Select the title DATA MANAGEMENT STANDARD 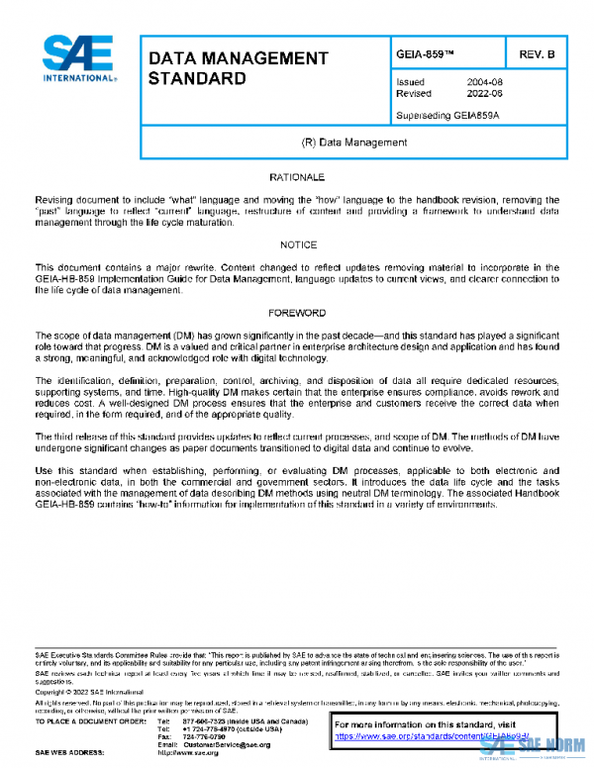tap(237, 67)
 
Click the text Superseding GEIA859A tap(446, 115)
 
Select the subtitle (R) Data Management tap(353, 143)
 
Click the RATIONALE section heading tap(297, 177)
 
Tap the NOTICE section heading tap(297, 244)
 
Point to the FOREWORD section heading tap(297, 312)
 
